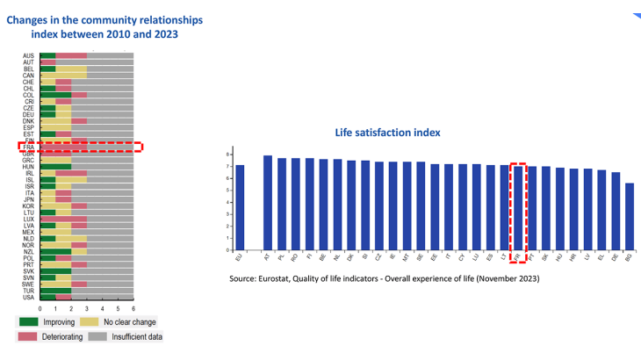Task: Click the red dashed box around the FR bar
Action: [x=518, y=163]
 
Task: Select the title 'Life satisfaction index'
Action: [x=387, y=133]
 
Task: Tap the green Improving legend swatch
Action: [x=28, y=322]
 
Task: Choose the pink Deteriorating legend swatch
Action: [x=28, y=336]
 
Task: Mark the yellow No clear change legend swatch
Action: [x=90, y=322]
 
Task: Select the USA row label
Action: [x=28, y=297]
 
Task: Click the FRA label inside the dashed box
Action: [x=28, y=148]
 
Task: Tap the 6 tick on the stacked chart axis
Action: [x=133, y=308]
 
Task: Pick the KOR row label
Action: [x=28, y=205]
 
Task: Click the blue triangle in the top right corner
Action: [x=635, y=16]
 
